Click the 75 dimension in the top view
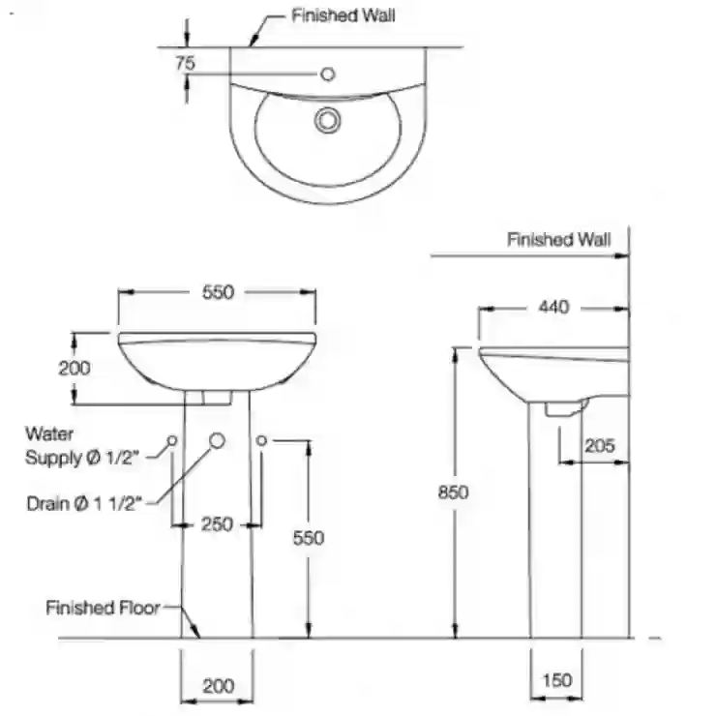[x=186, y=63]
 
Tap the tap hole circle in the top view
[x=328, y=74]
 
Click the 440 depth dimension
[x=553, y=307]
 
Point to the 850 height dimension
[x=453, y=492]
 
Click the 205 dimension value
[x=600, y=446]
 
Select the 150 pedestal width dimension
[x=557, y=680]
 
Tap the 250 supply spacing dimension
[x=217, y=524]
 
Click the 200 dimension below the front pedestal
[x=219, y=686]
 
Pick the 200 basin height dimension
[x=75, y=368]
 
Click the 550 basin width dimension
[x=218, y=292]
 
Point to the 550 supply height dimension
[x=309, y=538]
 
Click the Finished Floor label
[x=103, y=608]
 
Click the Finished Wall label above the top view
[x=343, y=15]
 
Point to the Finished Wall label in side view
[x=559, y=239]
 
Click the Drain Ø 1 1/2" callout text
[x=84, y=504]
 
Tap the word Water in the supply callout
[x=49, y=433]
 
